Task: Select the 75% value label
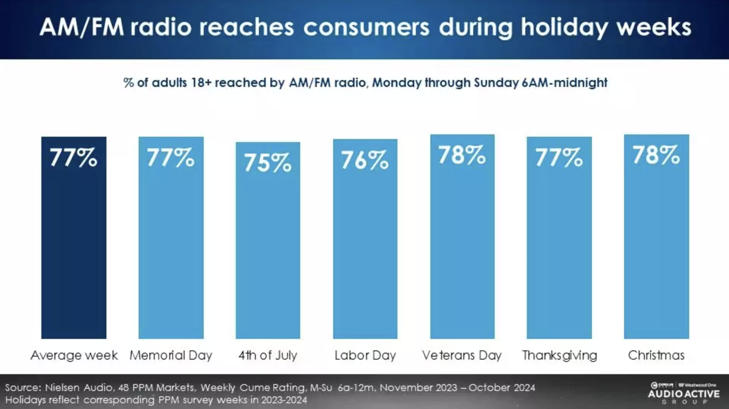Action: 268,162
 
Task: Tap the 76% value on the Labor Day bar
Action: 365,160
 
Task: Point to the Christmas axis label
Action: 656,355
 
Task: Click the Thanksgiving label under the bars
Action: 559,355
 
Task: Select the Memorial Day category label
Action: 171,355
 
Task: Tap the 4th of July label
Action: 268,355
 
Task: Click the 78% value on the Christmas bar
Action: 656,155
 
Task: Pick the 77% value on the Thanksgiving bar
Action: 559,157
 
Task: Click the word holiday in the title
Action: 564,28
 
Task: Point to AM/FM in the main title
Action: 82,28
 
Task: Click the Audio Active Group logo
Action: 683,393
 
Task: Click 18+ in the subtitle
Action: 201,83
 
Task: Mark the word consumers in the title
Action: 366,28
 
